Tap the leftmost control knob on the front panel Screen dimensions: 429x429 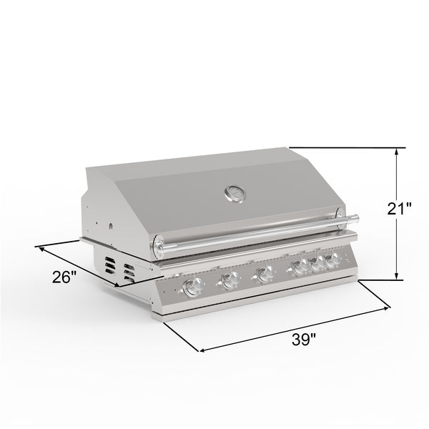[x=191, y=287]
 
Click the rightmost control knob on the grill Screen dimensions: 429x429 [x=332, y=259]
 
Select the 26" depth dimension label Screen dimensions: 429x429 [x=64, y=277]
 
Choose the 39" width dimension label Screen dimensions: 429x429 [x=304, y=340]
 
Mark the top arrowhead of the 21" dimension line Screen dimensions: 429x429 [x=397, y=151]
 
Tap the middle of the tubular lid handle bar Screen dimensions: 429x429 [x=254, y=234]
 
